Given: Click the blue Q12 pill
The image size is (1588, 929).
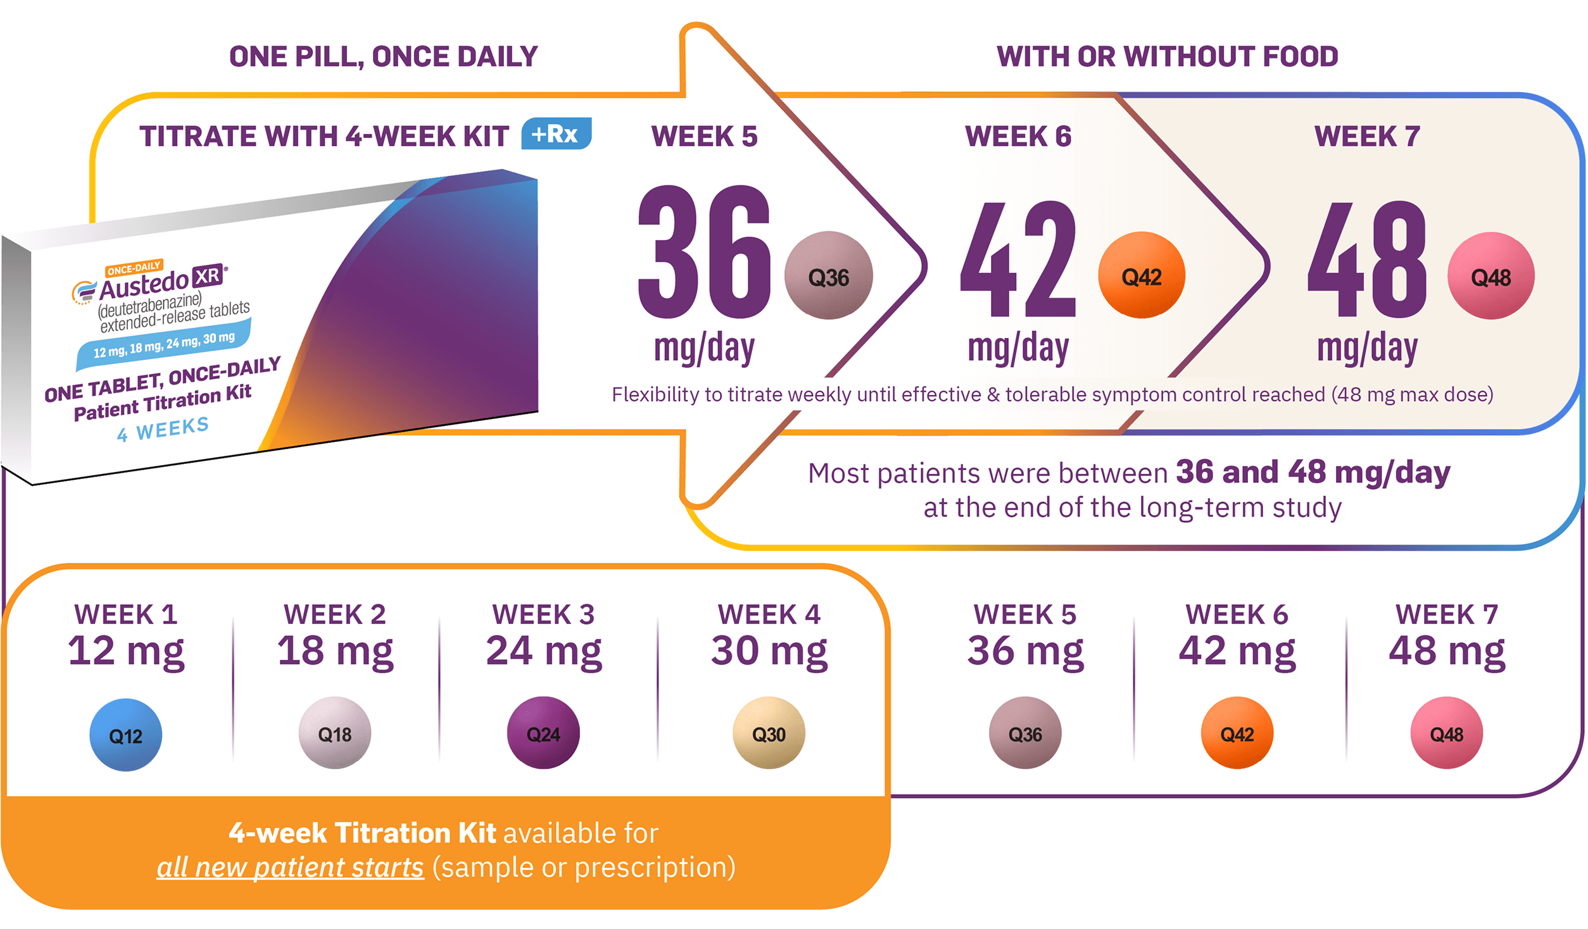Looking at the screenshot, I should [x=125, y=735].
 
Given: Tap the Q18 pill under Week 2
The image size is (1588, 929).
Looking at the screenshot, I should [x=334, y=733].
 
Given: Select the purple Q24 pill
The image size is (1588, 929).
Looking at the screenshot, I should [x=543, y=733].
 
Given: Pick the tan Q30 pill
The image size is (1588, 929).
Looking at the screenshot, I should [x=769, y=733].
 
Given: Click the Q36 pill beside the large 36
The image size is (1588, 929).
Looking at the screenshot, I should [x=828, y=276].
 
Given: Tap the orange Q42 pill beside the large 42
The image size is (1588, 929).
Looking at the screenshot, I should [x=1142, y=275].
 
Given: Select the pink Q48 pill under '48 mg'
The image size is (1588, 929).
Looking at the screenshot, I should [x=1446, y=733].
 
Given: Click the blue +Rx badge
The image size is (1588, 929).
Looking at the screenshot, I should [x=555, y=134].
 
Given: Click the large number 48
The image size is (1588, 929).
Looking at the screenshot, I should [x=1368, y=259].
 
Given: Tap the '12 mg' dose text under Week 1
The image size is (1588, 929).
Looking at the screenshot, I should [x=126, y=651].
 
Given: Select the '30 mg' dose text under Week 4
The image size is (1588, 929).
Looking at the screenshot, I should [x=769, y=651].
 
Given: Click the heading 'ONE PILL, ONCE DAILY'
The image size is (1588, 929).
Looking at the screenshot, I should [x=383, y=56].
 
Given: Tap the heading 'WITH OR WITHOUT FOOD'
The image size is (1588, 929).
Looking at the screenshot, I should [x=1167, y=56].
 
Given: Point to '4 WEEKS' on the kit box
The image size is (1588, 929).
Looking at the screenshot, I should [x=163, y=430].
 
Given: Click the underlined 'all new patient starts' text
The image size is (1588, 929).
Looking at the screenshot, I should [x=290, y=867].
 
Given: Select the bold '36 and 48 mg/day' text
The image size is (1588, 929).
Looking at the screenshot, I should [x=1313, y=472].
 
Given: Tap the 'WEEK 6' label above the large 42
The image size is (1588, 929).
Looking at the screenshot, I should [x=1018, y=136].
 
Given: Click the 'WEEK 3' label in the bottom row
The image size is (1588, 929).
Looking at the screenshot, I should [x=543, y=614].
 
